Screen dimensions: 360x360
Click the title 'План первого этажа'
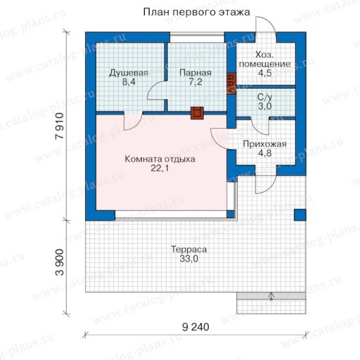196,12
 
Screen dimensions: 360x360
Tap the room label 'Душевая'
129,73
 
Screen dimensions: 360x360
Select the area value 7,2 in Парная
195,82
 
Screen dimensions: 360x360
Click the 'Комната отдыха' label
160,159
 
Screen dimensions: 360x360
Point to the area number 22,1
160,168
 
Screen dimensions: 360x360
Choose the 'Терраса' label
189,250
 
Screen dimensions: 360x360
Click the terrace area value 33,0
189,259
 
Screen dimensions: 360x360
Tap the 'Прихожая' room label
264,144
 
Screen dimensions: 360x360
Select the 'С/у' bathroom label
265,97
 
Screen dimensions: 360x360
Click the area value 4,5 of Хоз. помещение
265,73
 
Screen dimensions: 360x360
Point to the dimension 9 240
195,327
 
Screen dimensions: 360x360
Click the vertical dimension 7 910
60,126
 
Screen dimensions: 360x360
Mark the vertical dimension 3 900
60,262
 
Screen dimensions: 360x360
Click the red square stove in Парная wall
197,113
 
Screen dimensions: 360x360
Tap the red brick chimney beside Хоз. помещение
231,84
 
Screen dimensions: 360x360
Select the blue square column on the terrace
300,215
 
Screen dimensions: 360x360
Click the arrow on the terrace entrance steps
271,296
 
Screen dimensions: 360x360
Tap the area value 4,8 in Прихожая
265,153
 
